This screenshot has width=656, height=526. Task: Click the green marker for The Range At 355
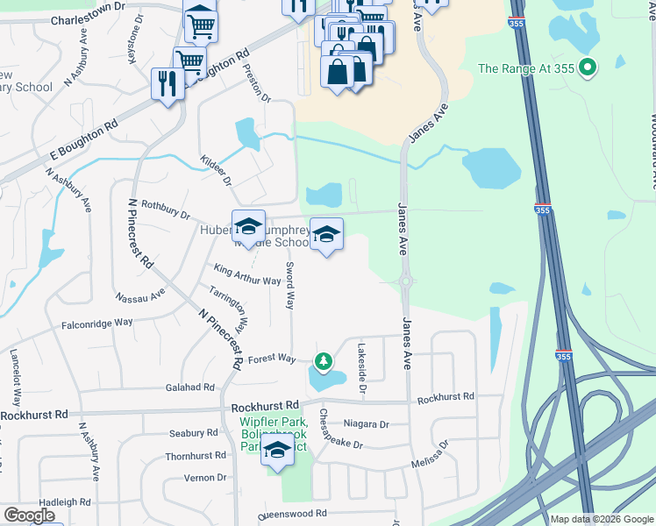pos(589,67)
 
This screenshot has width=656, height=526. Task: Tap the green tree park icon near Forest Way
pos(324,360)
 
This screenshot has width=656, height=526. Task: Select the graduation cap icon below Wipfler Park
pos(278,452)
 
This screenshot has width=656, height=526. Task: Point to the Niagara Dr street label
pos(366,424)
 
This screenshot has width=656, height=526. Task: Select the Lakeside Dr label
pos(360,362)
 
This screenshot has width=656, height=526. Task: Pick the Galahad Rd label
pos(189,387)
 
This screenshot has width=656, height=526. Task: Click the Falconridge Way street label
pos(96,323)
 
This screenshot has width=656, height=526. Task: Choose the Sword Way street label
pos(289,285)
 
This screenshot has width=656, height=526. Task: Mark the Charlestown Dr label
pos(89,19)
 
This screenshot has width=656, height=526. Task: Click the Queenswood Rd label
pos(291,514)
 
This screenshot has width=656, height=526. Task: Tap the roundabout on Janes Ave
pos(406,281)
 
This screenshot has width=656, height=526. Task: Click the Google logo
pos(29,515)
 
